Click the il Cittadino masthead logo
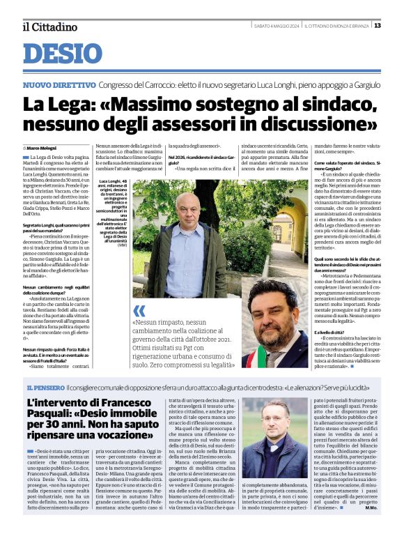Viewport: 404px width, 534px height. [49, 26]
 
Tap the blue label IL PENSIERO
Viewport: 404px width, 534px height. [46, 387]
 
